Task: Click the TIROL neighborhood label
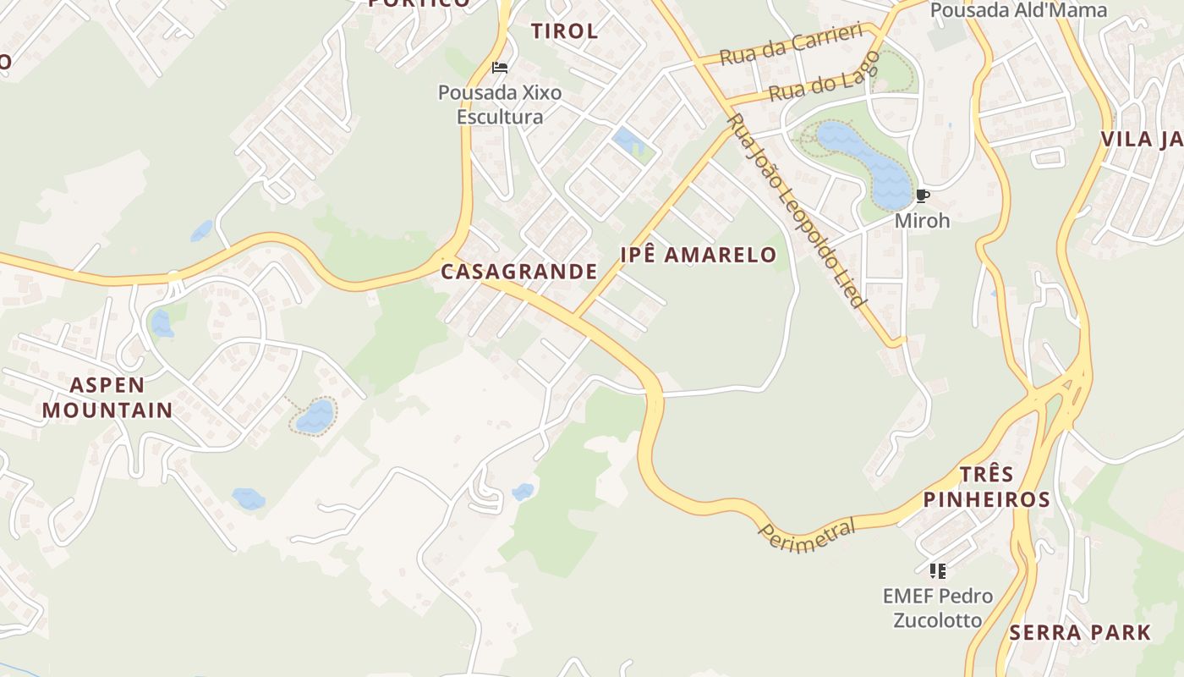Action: pyautogui.click(x=564, y=31)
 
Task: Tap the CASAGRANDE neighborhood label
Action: pyautogui.click(x=518, y=272)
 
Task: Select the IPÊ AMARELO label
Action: pyautogui.click(x=698, y=255)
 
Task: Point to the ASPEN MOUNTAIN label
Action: pyautogui.click(x=107, y=398)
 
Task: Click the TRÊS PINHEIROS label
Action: pyautogui.click(x=986, y=487)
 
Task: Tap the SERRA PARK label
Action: pyautogui.click(x=1079, y=632)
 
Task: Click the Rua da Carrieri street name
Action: pyautogui.click(x=791, y=45)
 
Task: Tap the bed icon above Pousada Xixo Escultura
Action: pyautogui.click(x=500, y=68)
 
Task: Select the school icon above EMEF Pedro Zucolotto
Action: pyautogui.click(x=937, y=570)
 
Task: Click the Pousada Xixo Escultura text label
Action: pyautogui.click(x=500, y=104)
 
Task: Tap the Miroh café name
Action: pyautogui.click(x=922, y=221)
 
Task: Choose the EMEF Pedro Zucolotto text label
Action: pyautogui.click(x=937, y=608)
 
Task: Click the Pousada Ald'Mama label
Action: pyautogui.click(x=1018, y=10)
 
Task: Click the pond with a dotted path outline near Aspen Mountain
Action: pyautogui.click(x=315, y=416)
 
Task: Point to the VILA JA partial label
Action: pyautogui.click(x=1141, y=139)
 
